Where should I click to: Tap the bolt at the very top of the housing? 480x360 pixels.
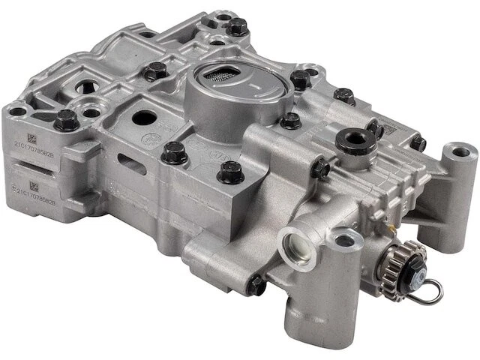coord(238,26)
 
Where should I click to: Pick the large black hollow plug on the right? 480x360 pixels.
coord(355,140)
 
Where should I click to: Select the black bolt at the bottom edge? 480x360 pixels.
coord(257,284)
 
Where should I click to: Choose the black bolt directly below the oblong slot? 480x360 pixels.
coord(174,152)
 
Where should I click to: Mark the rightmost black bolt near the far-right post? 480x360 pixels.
coord(417,142)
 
